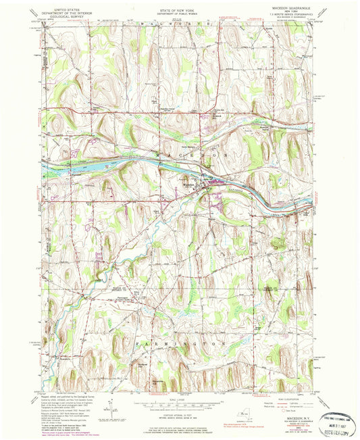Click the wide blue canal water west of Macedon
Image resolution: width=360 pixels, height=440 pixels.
pos(88,163)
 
